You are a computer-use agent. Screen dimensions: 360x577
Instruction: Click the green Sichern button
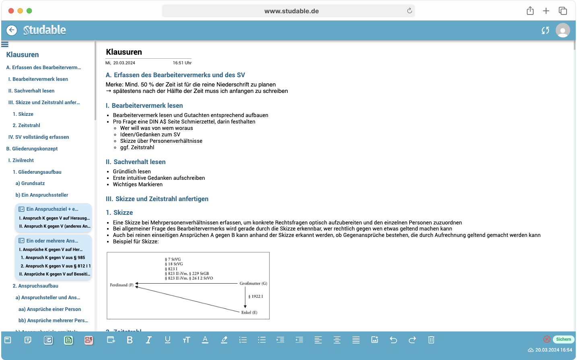tap(563, 339)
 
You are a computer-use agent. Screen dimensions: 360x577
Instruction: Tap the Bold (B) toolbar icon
tap(130, 340)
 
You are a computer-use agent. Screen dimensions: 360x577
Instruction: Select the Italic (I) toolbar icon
tap(148, 340)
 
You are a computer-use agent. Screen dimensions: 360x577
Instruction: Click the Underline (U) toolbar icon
tap(167, 340)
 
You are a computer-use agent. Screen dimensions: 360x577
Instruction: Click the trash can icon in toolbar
tap(431, 340)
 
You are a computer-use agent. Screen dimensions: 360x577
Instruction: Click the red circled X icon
tap(546, 339)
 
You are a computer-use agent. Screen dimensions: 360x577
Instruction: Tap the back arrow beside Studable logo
tap(12, 30)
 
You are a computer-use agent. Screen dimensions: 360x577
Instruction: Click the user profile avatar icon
tap(563, 30)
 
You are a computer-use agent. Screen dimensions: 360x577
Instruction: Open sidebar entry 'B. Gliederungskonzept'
tap(32, 148)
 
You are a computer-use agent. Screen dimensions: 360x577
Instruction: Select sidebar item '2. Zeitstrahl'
tap(26, 125)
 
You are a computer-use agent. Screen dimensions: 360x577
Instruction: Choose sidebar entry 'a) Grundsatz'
tap(30, 183)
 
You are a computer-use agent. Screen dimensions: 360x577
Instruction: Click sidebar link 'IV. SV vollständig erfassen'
tap(39, 137)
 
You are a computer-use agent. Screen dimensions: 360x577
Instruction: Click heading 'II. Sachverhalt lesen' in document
tap(136, 162)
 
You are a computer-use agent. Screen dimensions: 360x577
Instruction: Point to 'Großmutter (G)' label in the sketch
tap(253, 284)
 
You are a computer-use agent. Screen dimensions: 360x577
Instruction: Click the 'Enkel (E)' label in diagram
tap(249, 313)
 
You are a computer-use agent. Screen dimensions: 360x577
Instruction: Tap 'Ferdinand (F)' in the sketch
tap(122, 285)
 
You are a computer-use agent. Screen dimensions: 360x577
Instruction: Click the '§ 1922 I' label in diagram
tap(256, 296)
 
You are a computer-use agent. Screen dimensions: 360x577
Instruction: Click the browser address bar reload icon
tap(409, 11)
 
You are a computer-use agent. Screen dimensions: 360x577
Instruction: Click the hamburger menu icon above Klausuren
tap(5, 44)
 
